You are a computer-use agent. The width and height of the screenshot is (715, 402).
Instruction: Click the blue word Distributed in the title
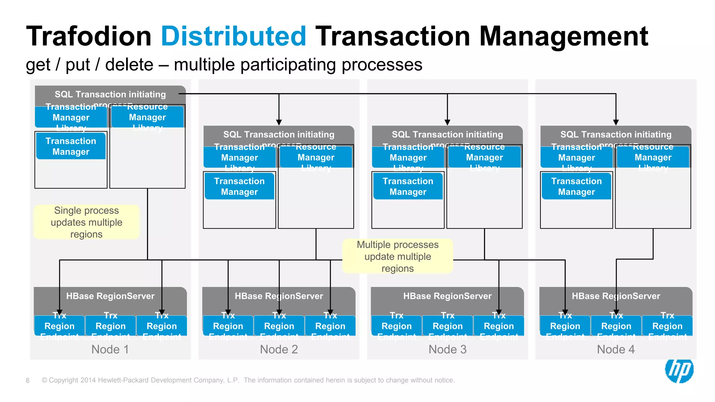tap(233, 36)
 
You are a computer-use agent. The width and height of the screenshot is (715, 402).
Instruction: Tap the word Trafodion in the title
tap(89, 36)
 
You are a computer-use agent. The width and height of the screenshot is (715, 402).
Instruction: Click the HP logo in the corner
tap(679, 371)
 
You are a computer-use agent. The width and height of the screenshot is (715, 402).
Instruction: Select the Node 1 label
tap(110, 349)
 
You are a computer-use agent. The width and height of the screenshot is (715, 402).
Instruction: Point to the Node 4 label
tap(616, 349)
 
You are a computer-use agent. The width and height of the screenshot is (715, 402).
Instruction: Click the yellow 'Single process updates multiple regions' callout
tap(87, 222)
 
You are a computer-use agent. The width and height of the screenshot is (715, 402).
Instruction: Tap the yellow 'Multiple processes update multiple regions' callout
tap(398, 256)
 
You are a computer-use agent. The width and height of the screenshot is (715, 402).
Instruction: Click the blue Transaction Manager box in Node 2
tap(239, 186)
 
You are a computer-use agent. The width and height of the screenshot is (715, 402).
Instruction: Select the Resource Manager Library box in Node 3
tap(485, 157)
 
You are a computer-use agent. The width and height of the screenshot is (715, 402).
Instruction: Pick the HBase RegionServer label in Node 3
tap(447, 296)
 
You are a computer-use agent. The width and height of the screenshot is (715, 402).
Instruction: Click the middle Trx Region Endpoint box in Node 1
tap(111, 326)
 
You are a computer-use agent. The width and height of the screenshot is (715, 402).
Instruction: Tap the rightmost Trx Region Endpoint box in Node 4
tap(667, 326)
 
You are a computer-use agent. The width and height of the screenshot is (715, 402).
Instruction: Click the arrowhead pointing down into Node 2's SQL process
tap(279, 122)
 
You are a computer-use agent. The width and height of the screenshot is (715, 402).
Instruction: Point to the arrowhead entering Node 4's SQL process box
tap(616, 122)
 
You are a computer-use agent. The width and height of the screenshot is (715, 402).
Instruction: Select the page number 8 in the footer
tap(28, 380)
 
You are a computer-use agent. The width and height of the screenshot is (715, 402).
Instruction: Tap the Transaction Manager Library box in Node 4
tap(576, 157)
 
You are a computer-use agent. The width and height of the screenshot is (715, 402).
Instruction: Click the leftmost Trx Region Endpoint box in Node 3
tap(397, 326)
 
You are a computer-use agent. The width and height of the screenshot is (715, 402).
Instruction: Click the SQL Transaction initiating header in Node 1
tap(110, 95)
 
